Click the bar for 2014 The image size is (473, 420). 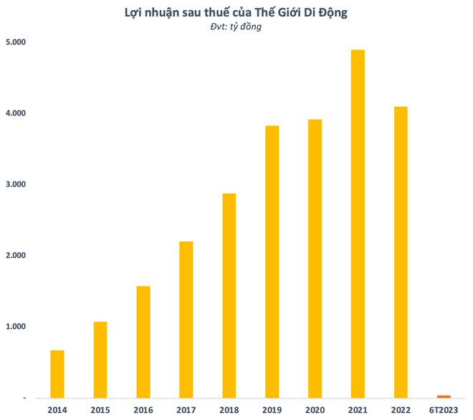click(57, 373)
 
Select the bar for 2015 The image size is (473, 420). click(100, 359)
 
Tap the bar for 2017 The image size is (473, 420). click(186, 319)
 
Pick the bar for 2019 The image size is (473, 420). click(272, 261)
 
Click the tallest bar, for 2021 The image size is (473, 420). click(358, 223)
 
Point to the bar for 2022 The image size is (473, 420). click(401, 251)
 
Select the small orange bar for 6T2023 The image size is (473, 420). click(444, 396)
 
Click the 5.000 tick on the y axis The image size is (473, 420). click(14, 42)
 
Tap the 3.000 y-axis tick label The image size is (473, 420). click(14, 185)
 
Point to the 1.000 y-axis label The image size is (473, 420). click(14, 327)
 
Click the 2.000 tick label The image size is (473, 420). click(14, 256)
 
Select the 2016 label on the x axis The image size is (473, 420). click(143, 410)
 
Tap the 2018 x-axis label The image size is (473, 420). click(229, 410)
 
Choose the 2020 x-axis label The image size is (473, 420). click(315, 410)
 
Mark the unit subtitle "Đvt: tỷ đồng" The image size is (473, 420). click(237, 27)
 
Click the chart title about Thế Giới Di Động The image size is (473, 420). click(237, 11)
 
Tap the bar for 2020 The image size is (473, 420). click(315, 258)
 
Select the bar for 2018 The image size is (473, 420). click(229, 295)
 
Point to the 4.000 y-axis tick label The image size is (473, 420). click(14, 113)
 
